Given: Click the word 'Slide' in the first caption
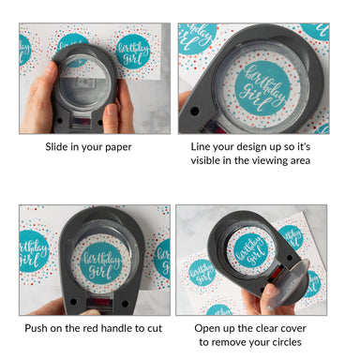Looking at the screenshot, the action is (x=56, y=147).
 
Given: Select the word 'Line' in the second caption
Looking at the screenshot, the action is (x=200, y=146).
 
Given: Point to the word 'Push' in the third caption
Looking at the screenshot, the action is (x=35, y=328).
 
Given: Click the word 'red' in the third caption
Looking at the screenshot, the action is (x=90, y=328).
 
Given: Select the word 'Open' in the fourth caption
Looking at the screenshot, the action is (x=205, y=329).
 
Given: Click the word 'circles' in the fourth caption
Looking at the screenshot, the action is (x=287, y=342).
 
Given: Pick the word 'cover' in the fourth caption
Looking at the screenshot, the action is (x=293, y=329).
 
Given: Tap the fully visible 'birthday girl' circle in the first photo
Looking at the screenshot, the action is (x=133, y=52).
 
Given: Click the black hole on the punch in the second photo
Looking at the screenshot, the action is (x=194, y=111).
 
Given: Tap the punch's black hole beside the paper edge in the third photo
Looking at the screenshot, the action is (x=125, y=303).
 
